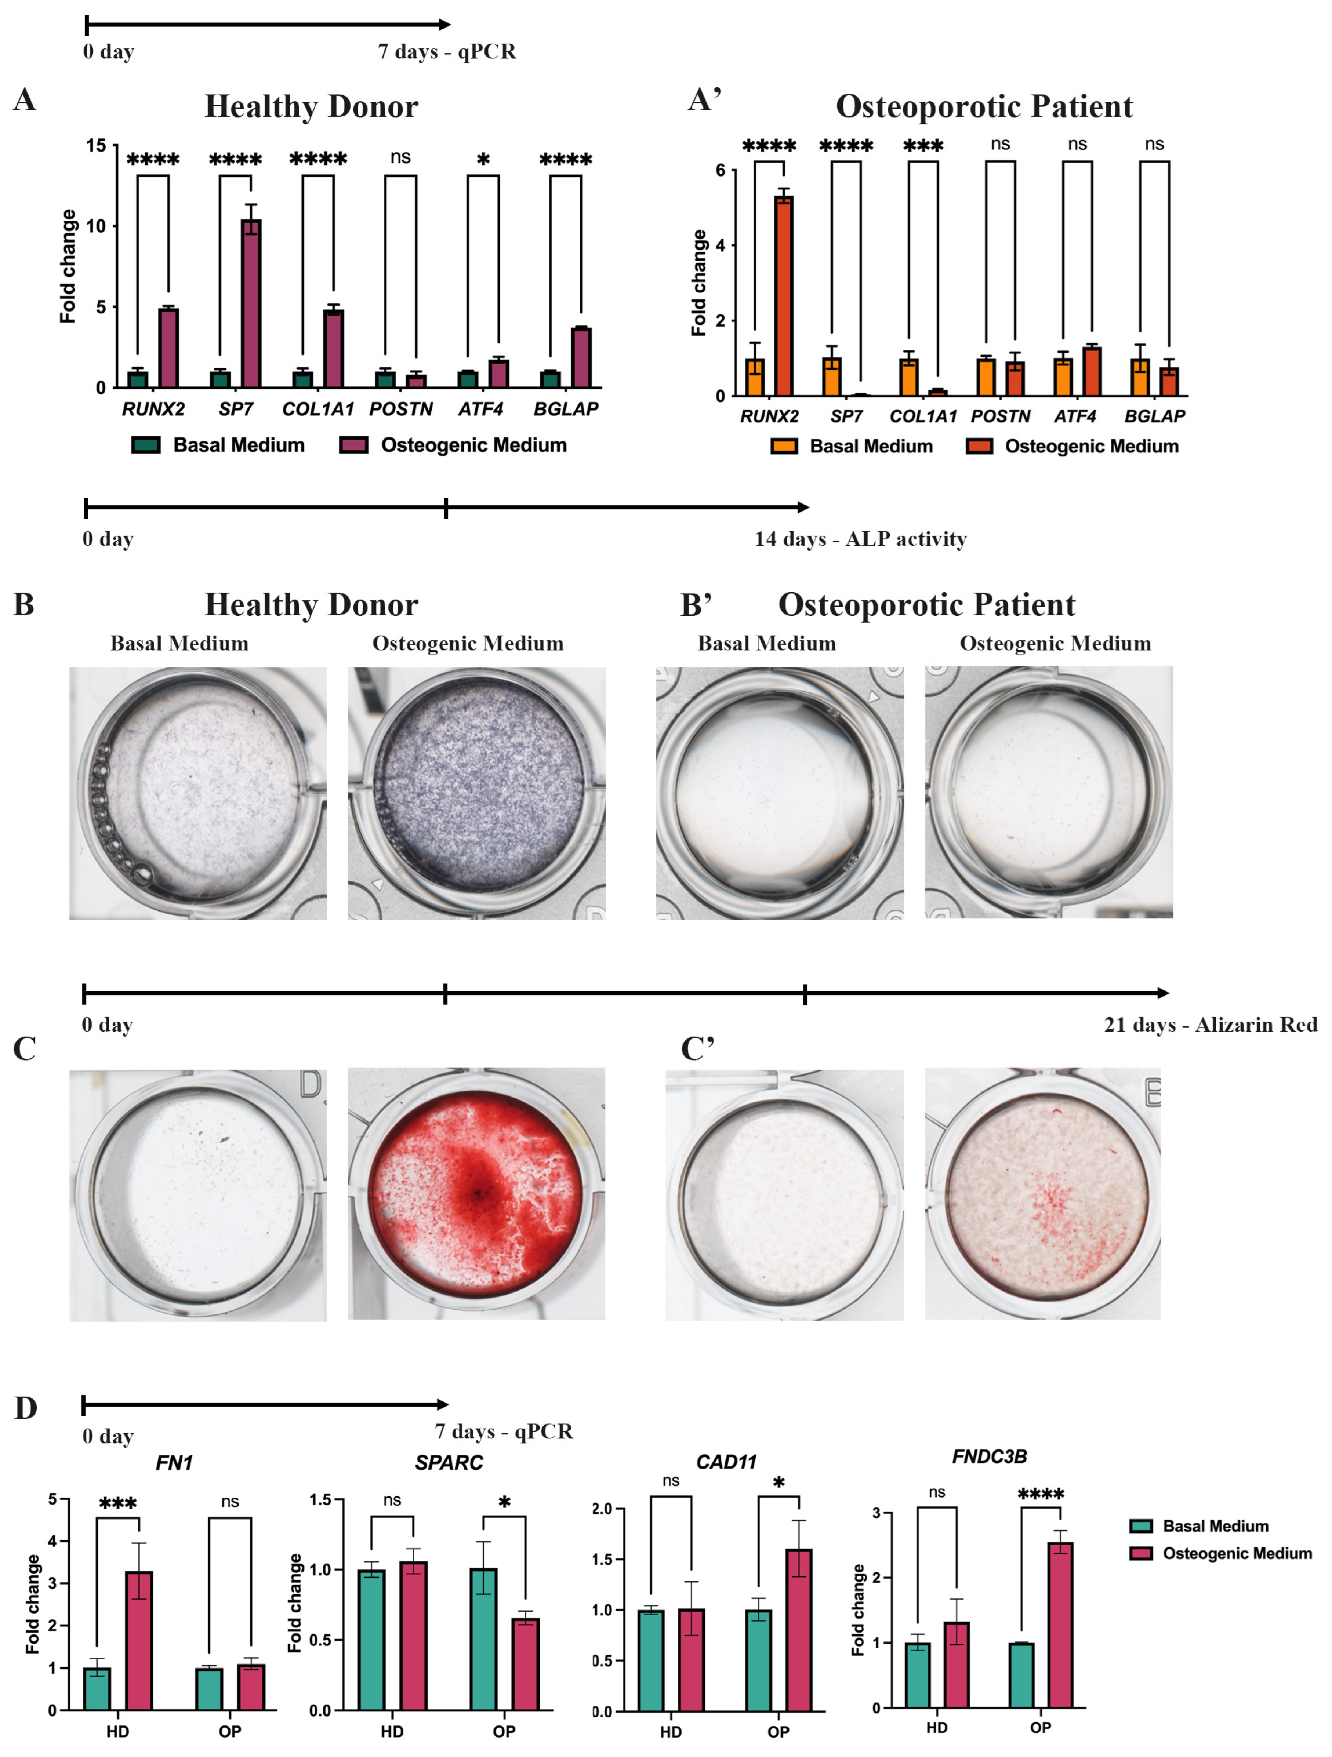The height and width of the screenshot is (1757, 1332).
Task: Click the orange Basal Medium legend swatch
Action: (x=784, y=446)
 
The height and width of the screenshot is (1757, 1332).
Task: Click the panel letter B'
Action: (x=696, y=605)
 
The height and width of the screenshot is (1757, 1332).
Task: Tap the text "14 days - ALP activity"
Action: (x=860, y=539)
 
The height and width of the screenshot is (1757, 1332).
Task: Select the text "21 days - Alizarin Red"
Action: (x=1210, y=1025)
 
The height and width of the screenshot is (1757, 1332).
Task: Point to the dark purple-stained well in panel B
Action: (x=476, y=794)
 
